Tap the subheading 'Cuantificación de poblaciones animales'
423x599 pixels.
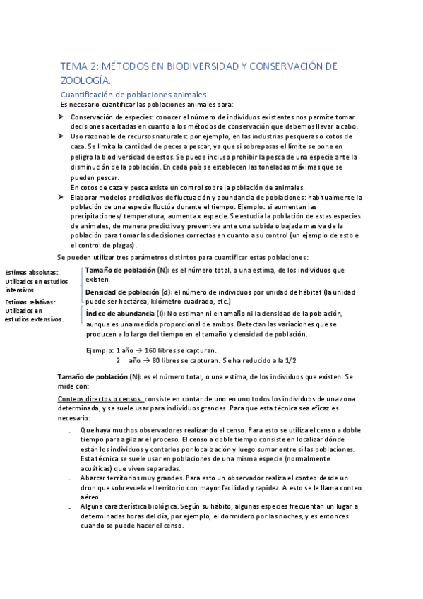(x=134, y=94)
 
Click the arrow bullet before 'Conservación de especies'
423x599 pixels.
(x=61, y=117)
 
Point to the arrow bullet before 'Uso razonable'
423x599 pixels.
(x=61, y=136)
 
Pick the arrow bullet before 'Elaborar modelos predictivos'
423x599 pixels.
(x=61, y=197)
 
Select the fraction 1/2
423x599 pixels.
(x=290, y=360)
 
